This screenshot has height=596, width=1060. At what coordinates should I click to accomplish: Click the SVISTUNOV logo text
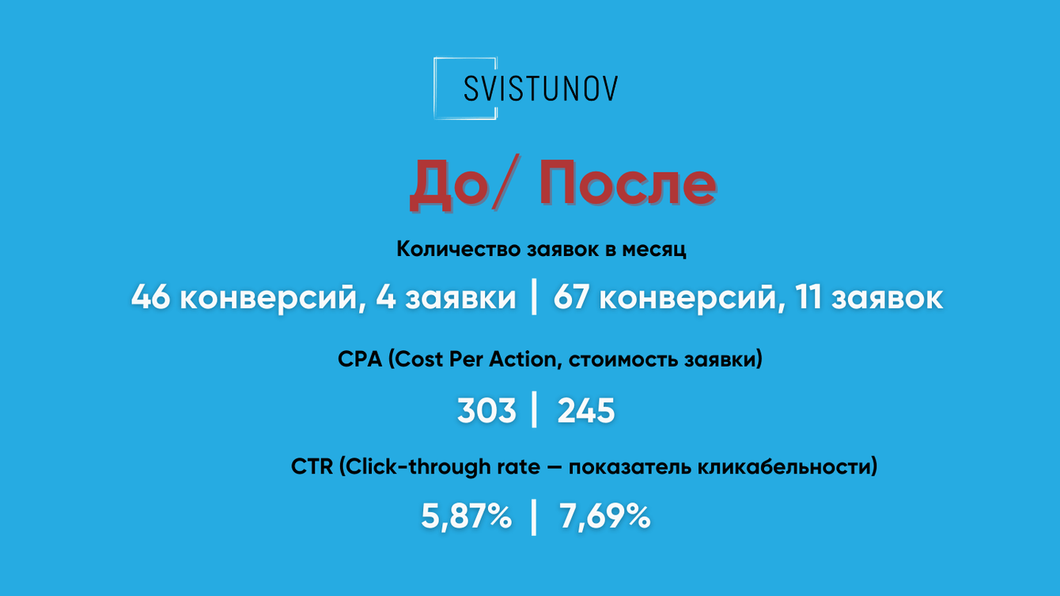tap(540, 89)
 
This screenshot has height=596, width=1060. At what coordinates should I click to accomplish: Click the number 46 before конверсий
tap(150, 299)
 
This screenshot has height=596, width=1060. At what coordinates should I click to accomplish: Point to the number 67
tap(573, 299)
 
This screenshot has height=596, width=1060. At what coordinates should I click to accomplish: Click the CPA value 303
tap(486, 411)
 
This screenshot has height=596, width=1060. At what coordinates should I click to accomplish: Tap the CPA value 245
tap(586, 411)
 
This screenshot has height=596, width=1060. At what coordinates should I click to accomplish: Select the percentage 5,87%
tap(466, 518)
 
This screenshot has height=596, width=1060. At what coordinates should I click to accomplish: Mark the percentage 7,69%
tap(605, 518)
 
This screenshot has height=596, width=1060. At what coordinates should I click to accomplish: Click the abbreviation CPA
tap(360, 360)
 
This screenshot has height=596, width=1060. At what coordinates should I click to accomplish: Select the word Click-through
tap(419, 467)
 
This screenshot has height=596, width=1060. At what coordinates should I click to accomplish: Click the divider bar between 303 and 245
tap(535, 411)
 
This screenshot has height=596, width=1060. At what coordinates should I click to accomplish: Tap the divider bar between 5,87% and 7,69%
tap(535, 518)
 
